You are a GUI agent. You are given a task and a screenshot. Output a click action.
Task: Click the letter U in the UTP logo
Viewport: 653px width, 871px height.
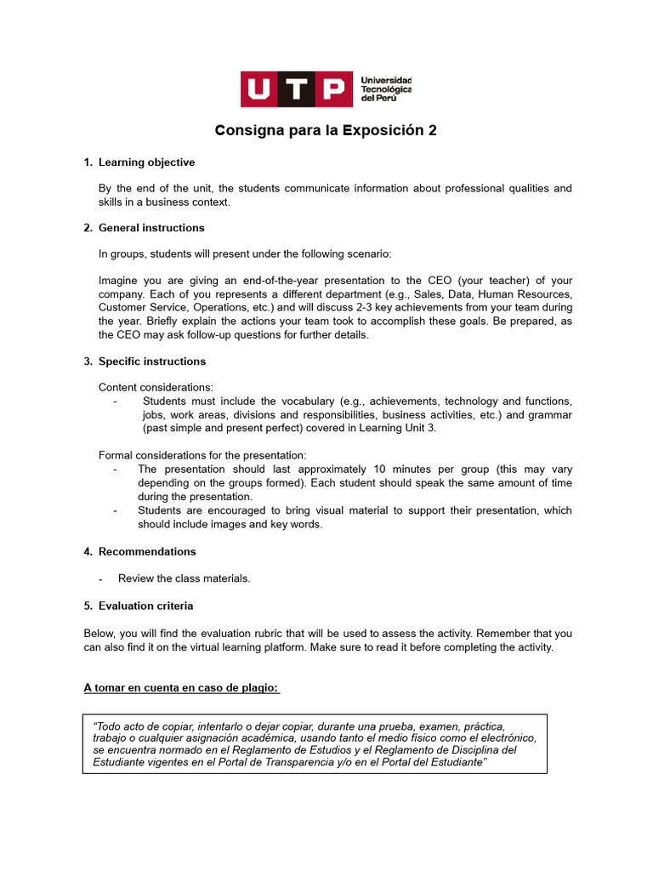[x=258, y=89]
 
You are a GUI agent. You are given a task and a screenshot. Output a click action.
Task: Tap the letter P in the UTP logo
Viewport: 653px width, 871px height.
[x=334, y=89]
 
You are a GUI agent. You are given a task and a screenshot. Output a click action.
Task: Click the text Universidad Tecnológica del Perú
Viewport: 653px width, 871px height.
[x=386, y=88]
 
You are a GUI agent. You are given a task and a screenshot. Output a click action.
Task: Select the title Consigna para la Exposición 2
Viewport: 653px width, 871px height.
[x=326, y=131]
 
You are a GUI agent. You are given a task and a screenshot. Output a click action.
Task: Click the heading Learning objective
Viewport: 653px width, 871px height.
[x=146, y=162]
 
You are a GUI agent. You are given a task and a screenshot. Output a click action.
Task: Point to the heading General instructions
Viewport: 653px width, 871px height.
[x=151, y=228]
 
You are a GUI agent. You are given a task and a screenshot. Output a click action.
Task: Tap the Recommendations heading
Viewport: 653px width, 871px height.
[x=147, y=551]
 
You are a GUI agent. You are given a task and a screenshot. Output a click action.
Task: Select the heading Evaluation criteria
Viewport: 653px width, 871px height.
[x=145, y=606]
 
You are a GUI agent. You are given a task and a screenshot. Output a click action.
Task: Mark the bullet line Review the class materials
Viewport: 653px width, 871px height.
[x=184, y=578]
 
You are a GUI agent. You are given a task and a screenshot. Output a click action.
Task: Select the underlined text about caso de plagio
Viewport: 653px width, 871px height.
[x=181, y=687]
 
